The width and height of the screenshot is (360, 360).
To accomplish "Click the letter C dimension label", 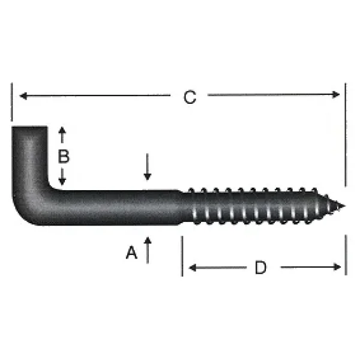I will point(190,97).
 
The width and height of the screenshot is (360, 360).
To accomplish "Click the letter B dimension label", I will point(64,157).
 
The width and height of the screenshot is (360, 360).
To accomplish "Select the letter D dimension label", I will point(260,268).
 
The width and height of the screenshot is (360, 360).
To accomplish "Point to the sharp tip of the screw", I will point(343,206).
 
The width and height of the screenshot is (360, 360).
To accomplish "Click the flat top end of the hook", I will point(29,127).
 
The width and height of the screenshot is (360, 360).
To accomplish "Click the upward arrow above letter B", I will point(62,132).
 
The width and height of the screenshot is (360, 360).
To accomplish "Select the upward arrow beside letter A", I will point(148,243).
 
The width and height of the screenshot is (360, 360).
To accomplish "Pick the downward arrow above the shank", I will point(148,174).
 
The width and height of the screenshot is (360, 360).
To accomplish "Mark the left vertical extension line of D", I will point(182,255).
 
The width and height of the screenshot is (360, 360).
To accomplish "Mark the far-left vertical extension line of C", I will point(11,102).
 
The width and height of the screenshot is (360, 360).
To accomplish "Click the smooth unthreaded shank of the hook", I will point(120,207).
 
